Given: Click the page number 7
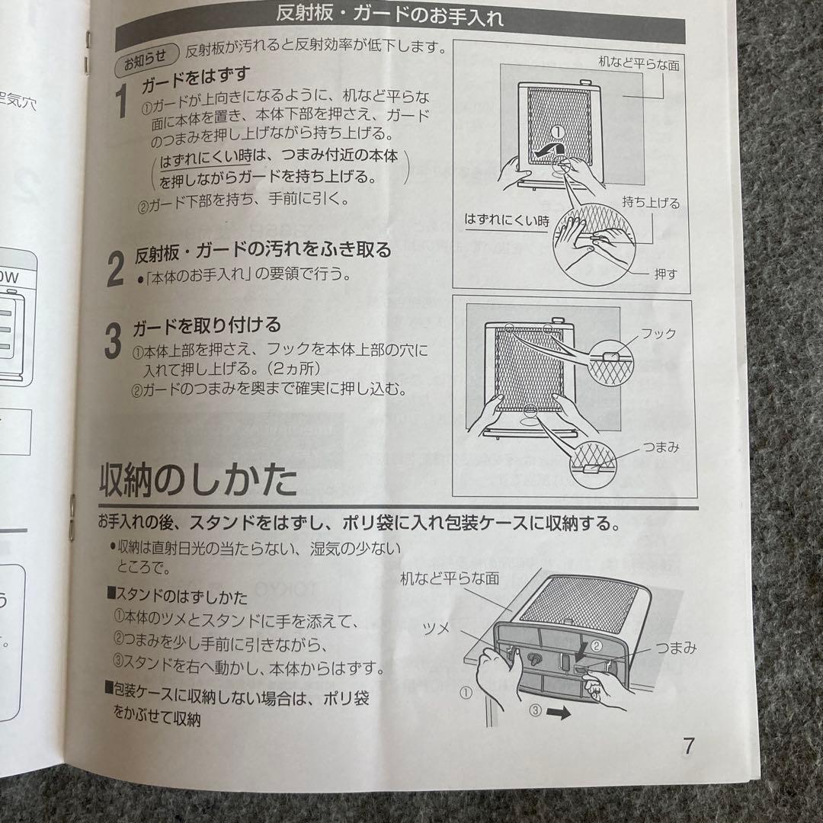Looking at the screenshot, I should [688, 745].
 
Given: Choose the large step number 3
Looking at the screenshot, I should [113, 341].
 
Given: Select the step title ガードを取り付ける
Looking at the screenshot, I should [207, 325].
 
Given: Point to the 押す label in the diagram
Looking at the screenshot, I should [664, 274].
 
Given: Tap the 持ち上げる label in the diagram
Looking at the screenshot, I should [650, 203].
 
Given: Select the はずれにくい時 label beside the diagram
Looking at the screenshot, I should [507, 221].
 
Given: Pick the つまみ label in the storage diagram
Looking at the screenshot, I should [675, 648].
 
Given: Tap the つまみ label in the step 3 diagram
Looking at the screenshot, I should [660, 447].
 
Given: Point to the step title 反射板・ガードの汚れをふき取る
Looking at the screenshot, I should [263, 250].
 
